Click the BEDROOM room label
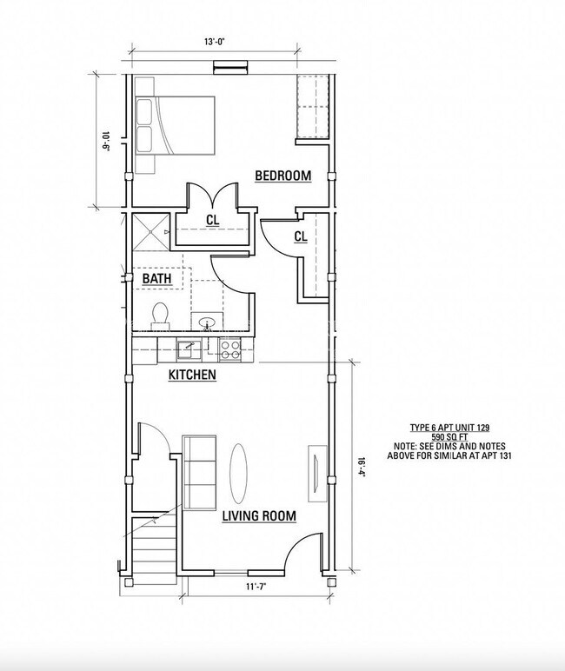[x=282, y=176]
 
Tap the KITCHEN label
[x=192, y=375]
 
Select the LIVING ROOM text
[x=259, y=515]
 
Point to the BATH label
[x=156, y=279]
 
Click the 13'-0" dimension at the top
[x=215, y=42]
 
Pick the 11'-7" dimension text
[x=256, y=587]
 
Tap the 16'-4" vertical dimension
[x=362, y=468]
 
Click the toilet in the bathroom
[x=160, y=316]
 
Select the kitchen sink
[x=189, y=349]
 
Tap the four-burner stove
[x=229, y=349]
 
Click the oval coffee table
[x=238, y=474]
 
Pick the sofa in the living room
[x=199, y=473]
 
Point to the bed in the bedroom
[x=175, y=125]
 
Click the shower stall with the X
[x=151, y=231]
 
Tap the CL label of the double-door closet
[x=213, y=221]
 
